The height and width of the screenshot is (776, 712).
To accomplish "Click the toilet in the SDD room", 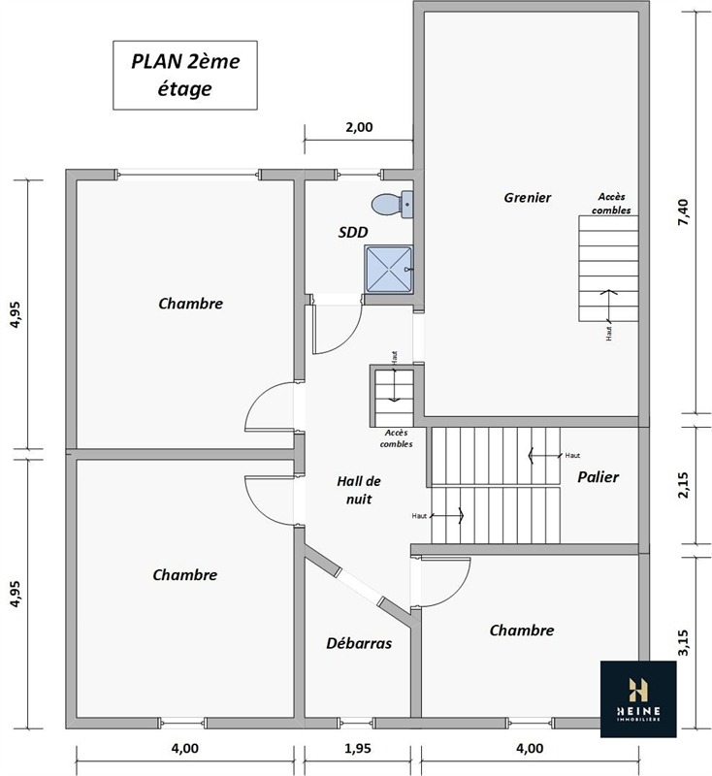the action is pos(392,205).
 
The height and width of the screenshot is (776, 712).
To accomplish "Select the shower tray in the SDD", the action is pos(389,270).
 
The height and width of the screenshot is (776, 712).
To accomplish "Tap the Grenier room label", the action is pos(528,198).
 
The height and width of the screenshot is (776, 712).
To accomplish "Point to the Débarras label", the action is pos(359,643).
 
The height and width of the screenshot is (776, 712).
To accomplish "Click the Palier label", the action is pos(599,476).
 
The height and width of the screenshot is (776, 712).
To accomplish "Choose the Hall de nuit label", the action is pos(359,490).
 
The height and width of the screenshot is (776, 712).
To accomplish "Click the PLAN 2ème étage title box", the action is pos(185,76).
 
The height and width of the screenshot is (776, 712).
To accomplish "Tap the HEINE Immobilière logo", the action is pos(638,698).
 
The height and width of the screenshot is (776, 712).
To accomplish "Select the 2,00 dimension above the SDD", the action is pos(359,127).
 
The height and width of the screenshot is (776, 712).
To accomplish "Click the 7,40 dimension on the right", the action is pos(683,212).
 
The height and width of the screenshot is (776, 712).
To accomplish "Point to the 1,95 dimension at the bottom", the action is pos(357,749).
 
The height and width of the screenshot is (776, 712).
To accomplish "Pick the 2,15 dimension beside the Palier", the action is pos(683,485).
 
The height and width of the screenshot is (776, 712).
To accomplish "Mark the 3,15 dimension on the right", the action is pos(683,642).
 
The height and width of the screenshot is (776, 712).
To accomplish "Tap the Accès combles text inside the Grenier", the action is pos(611,204).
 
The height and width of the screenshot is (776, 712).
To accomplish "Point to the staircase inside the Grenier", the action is pos(608,269).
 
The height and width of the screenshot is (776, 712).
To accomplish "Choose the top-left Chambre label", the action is pos(190,304).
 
